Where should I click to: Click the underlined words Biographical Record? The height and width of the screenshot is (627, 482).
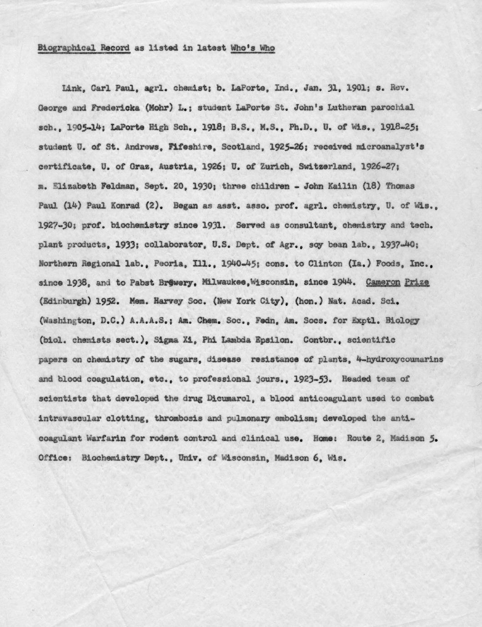(x=85, y=48)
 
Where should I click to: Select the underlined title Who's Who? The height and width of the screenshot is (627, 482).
(x=253, y=48)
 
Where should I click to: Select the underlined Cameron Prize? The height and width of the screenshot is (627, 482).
(x=397, y=282)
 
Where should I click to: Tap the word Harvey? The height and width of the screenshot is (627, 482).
(x=172, y=301)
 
